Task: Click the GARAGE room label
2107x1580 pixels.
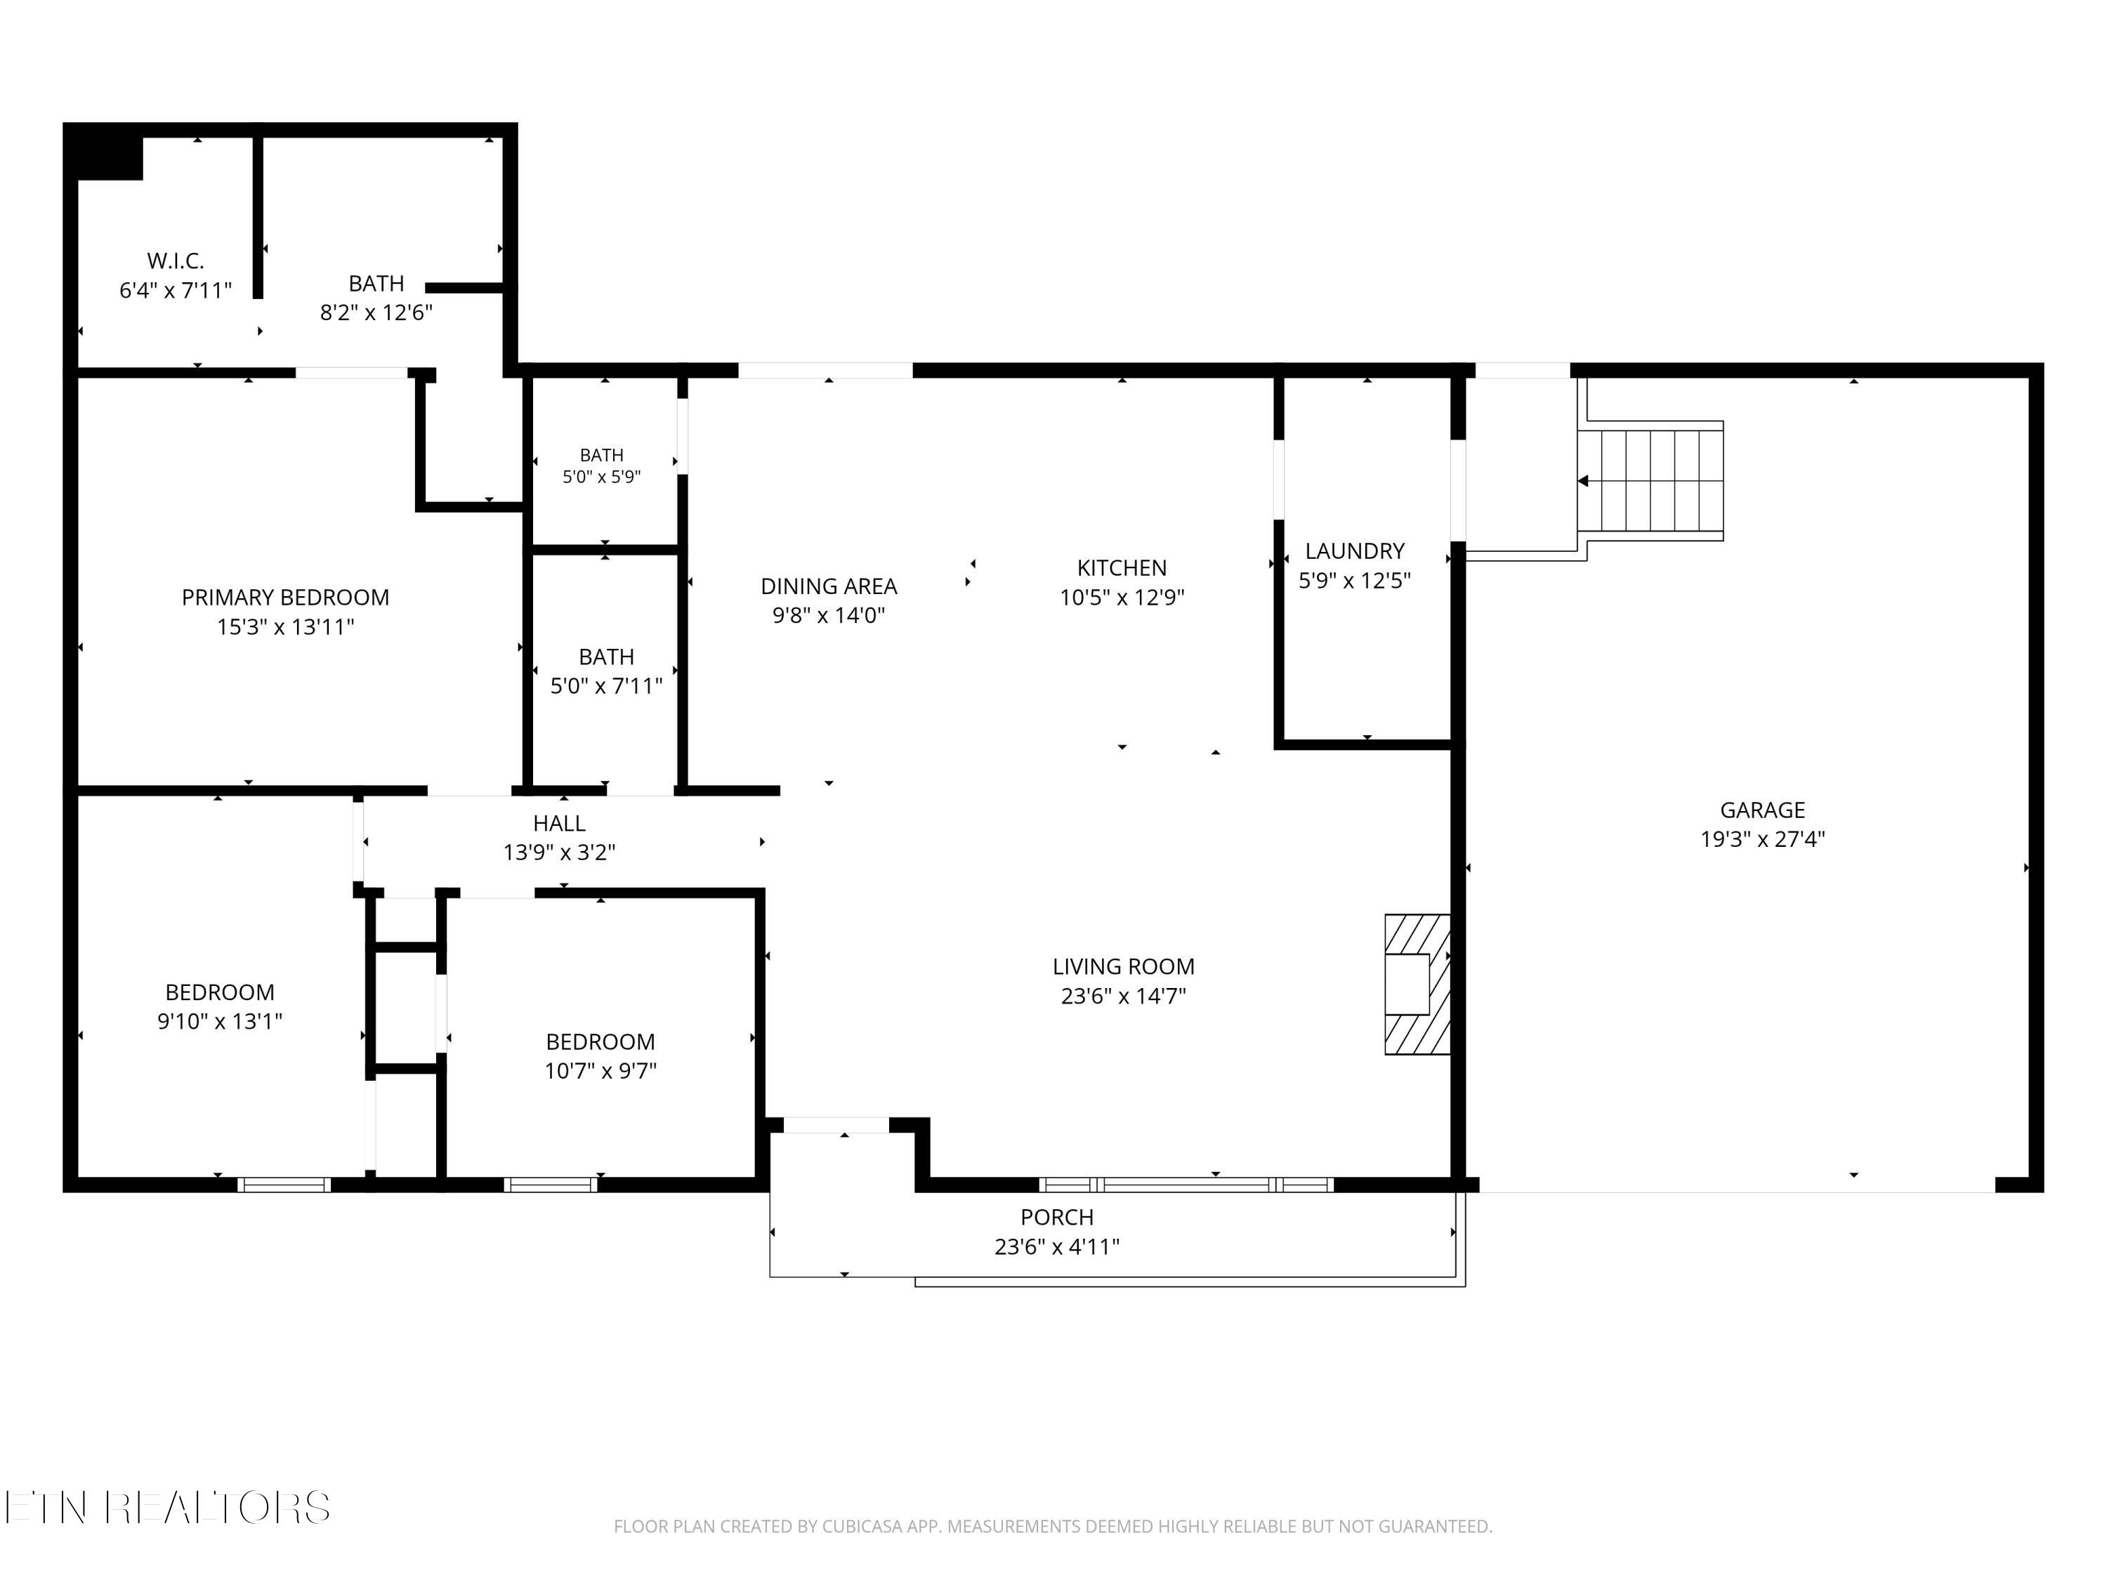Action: pos(1762,810)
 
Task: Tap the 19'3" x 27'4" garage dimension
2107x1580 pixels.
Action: pos(1762,839)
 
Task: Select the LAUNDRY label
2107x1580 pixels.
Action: pos(1355,551)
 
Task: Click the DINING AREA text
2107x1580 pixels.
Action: pos(829,586)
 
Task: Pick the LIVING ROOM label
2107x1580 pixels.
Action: pos(1123,967)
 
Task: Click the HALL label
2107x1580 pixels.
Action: pos(559,823)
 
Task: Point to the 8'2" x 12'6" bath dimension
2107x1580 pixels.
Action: pos(376,312)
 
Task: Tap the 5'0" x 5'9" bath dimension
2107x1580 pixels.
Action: pos(602,477)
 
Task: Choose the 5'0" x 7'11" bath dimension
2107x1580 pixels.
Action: pos(607,685)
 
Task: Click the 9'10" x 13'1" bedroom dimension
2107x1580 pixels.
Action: pos(220,1021)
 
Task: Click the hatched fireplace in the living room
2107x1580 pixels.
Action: pos(1417,985)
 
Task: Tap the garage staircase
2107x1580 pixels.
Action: pos(1650,481)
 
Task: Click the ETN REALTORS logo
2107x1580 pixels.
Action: pos(168,1508)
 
